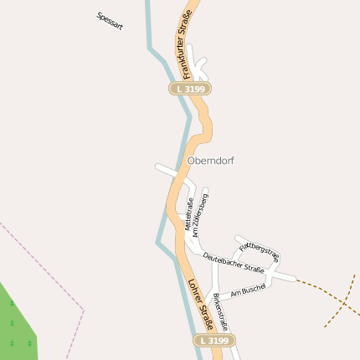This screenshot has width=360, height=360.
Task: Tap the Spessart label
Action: coord(110,21)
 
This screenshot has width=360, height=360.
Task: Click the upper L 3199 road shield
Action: coord(190,88)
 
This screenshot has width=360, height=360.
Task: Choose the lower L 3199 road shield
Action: coord(215,341)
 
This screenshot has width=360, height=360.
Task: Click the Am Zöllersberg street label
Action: coord(200,213)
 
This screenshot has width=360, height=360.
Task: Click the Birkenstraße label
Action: coord(219,311)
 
